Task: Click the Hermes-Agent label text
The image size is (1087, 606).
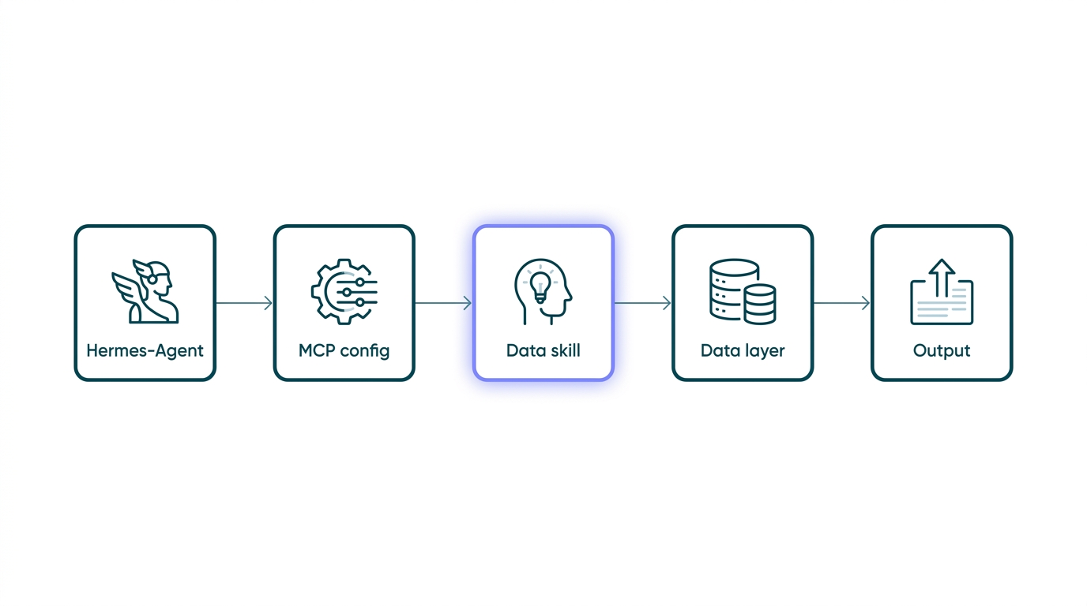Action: (145, 350)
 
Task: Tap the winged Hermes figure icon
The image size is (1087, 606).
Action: (145, 291)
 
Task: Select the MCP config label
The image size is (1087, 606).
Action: (344, 350)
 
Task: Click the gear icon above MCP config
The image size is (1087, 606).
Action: (344, 291)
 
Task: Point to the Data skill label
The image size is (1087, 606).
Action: (543, 350)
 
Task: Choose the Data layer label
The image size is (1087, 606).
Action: (743, 350)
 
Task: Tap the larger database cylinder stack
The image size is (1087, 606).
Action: (733, 289)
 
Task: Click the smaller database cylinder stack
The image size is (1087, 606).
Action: (760, 304)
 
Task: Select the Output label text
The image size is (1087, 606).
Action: (942, 350)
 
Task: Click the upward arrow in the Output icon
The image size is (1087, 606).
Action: (942, 277)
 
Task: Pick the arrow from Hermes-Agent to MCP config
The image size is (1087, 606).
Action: (244, 303)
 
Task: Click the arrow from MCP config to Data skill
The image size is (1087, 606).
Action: (443, 303)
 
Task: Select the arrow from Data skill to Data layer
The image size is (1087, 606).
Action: (642, 303)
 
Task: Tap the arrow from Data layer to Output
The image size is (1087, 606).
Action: (841, 303)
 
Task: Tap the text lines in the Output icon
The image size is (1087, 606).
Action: (942, 302)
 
